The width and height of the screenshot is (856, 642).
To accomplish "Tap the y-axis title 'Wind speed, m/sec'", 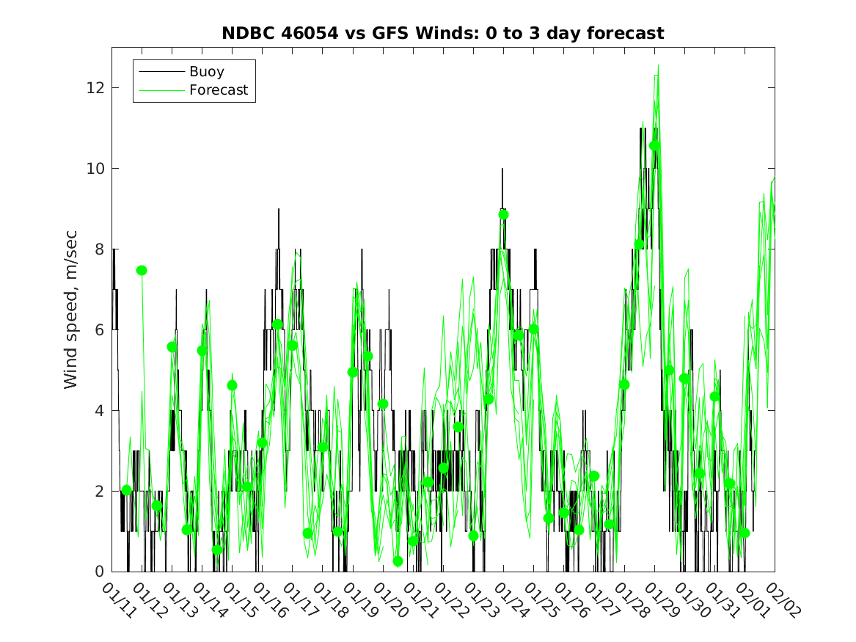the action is (x=70, y=310).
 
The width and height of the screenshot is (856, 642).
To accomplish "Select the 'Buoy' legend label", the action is (x=206, y=71).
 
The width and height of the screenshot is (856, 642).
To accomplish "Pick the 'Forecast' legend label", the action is (x=219, y=90).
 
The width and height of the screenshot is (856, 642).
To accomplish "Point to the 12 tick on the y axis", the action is (x=95, y=87).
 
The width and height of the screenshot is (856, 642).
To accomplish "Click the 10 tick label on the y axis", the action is (x=95, y=168).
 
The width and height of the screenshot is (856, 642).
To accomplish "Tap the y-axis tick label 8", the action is (x=99, y=249).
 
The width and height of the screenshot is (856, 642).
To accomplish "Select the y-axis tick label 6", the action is (x=99, y=329).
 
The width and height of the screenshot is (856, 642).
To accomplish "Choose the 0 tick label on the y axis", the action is (x=99, y=572).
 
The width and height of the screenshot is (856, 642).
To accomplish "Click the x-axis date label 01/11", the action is (x=120, y=599).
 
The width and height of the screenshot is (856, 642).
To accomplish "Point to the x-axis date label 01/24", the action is (x=511, y=599).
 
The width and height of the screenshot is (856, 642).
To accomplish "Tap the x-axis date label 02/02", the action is (x=783, y=599).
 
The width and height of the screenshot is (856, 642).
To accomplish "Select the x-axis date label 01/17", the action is (x=300, y=599).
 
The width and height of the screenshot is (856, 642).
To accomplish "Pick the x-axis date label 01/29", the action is (x=662, y=599).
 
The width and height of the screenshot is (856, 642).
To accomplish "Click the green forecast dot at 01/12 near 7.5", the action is (x=142, y=270).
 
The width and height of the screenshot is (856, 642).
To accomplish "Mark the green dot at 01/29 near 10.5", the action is (x=654, y=145).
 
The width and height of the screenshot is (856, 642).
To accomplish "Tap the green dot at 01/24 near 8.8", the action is (x=503, y=214).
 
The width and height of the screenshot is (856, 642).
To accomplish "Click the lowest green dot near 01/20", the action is (x=398, y=561).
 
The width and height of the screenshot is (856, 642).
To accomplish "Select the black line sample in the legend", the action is (x=161, y=71).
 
